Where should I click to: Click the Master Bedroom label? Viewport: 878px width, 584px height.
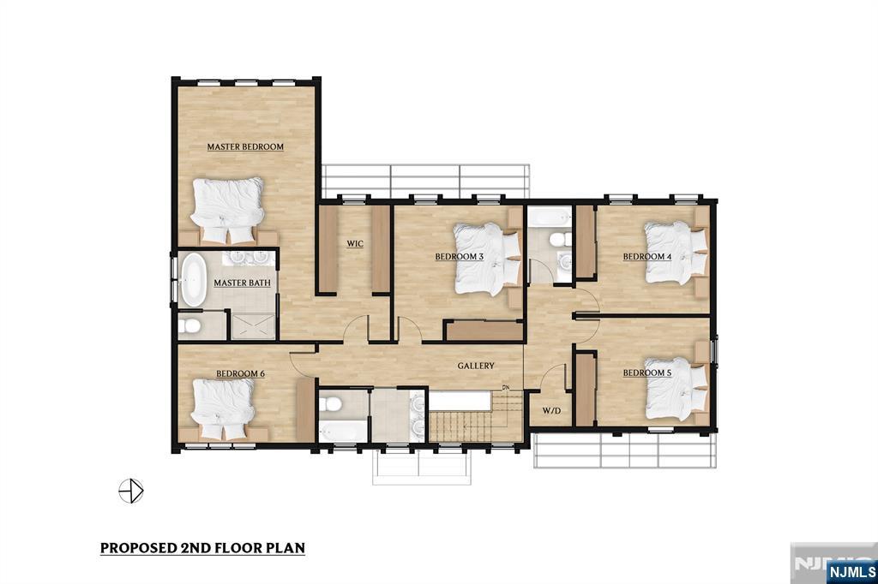[x=245, y=147]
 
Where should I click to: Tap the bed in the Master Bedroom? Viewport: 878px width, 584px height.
[x=227, y=211]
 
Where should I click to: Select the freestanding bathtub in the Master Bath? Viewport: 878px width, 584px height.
[x=193, y=280]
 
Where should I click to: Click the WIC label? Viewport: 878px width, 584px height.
[x=355, y=244]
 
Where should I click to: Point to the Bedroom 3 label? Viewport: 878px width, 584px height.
[x=460, y=257]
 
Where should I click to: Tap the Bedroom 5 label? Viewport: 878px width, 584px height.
[x=647, y=373]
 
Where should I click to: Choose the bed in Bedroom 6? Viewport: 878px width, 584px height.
[x=224, y=409]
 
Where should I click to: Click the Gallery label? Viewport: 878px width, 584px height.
[x=476, y=366]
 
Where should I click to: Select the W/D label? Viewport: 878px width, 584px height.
[x=551, y=410]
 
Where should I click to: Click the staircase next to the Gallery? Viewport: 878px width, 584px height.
[x=476, y=417]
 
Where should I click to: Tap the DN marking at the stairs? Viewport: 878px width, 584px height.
[x=506, y=387]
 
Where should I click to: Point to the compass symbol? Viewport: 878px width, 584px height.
[x=131, y=492]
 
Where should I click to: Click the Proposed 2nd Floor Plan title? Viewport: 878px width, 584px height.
[x=202, y=548]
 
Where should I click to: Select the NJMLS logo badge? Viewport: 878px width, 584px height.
[x=851, y=572]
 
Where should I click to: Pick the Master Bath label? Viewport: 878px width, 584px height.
[x=242, y=283]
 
